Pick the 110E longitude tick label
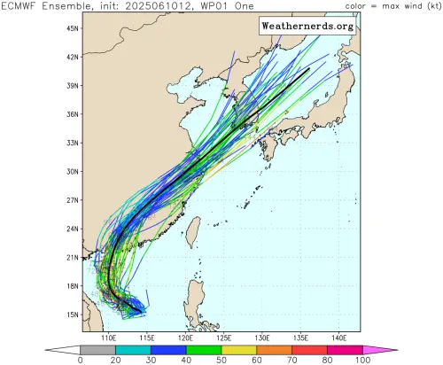110,338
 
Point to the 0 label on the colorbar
81,359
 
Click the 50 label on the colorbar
221,359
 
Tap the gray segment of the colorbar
94,349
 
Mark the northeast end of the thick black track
308,68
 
